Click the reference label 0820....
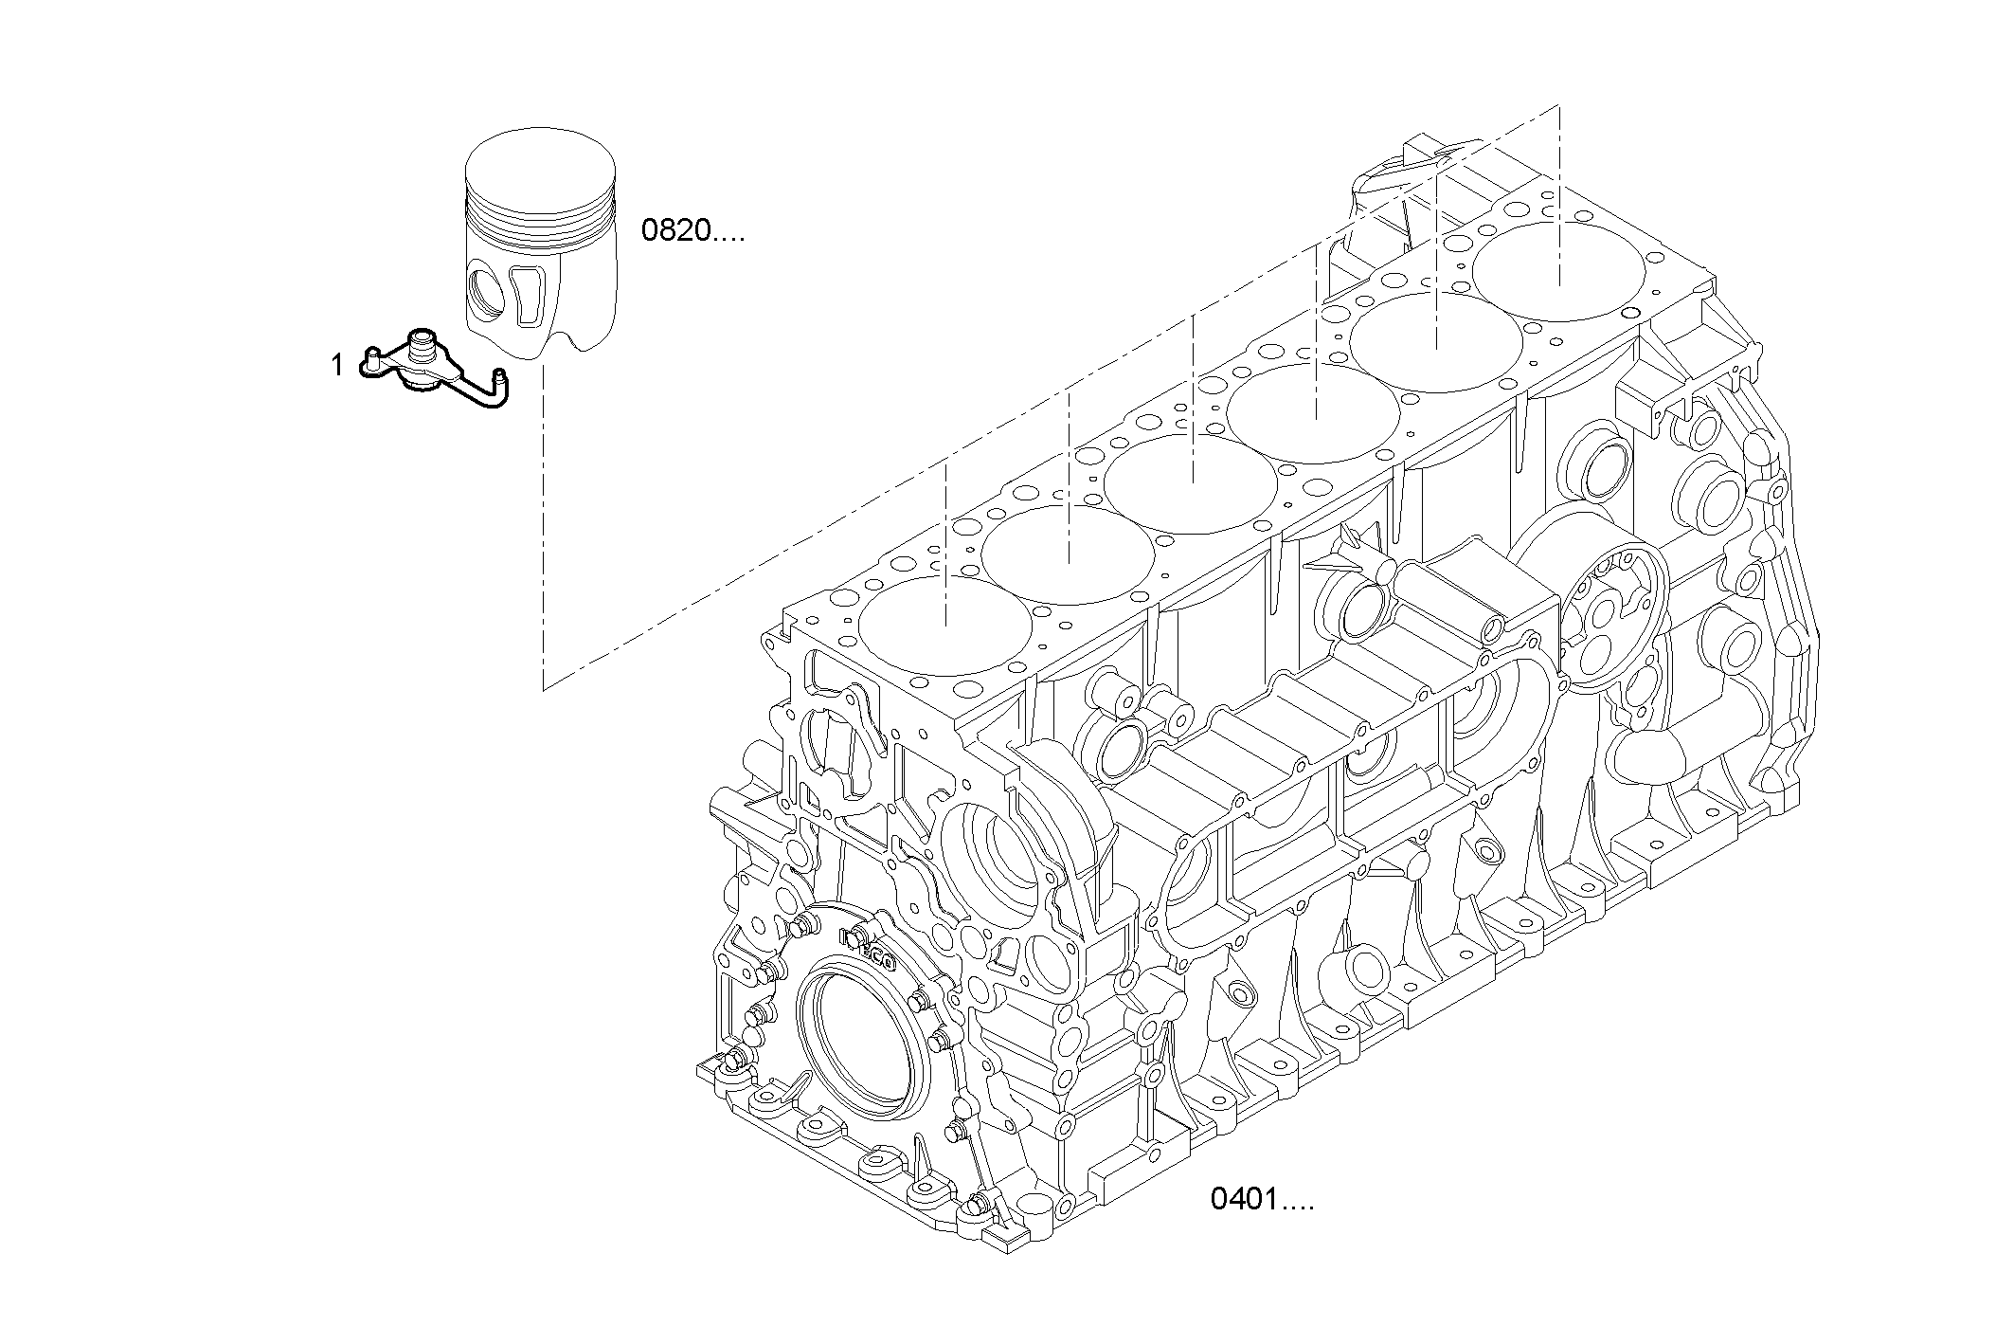(x=692, y=231)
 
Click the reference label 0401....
(x=1261, y=1200)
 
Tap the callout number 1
(x=337, y=365)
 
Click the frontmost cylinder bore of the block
(x=945, y=626)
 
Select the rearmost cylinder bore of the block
(x=1558, y=270)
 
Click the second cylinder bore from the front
(x=1069, y=554)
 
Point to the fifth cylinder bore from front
(x=1436, y=343)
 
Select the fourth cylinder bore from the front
(x=1315, y=412)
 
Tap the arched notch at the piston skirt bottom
(x=568, y=343)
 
